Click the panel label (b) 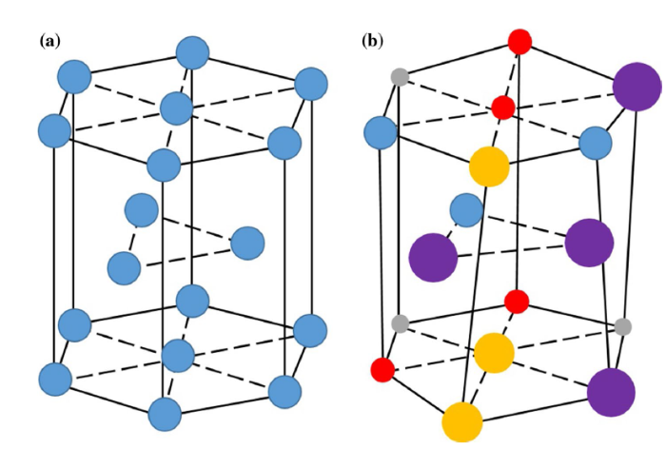coord(373,41)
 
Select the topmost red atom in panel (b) coord(519,42)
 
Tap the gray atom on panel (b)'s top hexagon coord(400,76)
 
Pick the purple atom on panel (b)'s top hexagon coord(637,87)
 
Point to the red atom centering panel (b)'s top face coord(502,107)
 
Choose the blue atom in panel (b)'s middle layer coord(465,209)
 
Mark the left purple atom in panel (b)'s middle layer coord(433,255)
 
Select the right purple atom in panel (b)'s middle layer coord(589,243)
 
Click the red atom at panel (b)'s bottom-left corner coord(382,369)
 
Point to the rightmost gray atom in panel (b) coord(622,326)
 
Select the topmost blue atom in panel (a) coord(193,53)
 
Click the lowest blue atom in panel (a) coord(165,414)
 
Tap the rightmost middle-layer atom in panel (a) coord(247,244)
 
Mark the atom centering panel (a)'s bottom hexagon coord(178,356)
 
